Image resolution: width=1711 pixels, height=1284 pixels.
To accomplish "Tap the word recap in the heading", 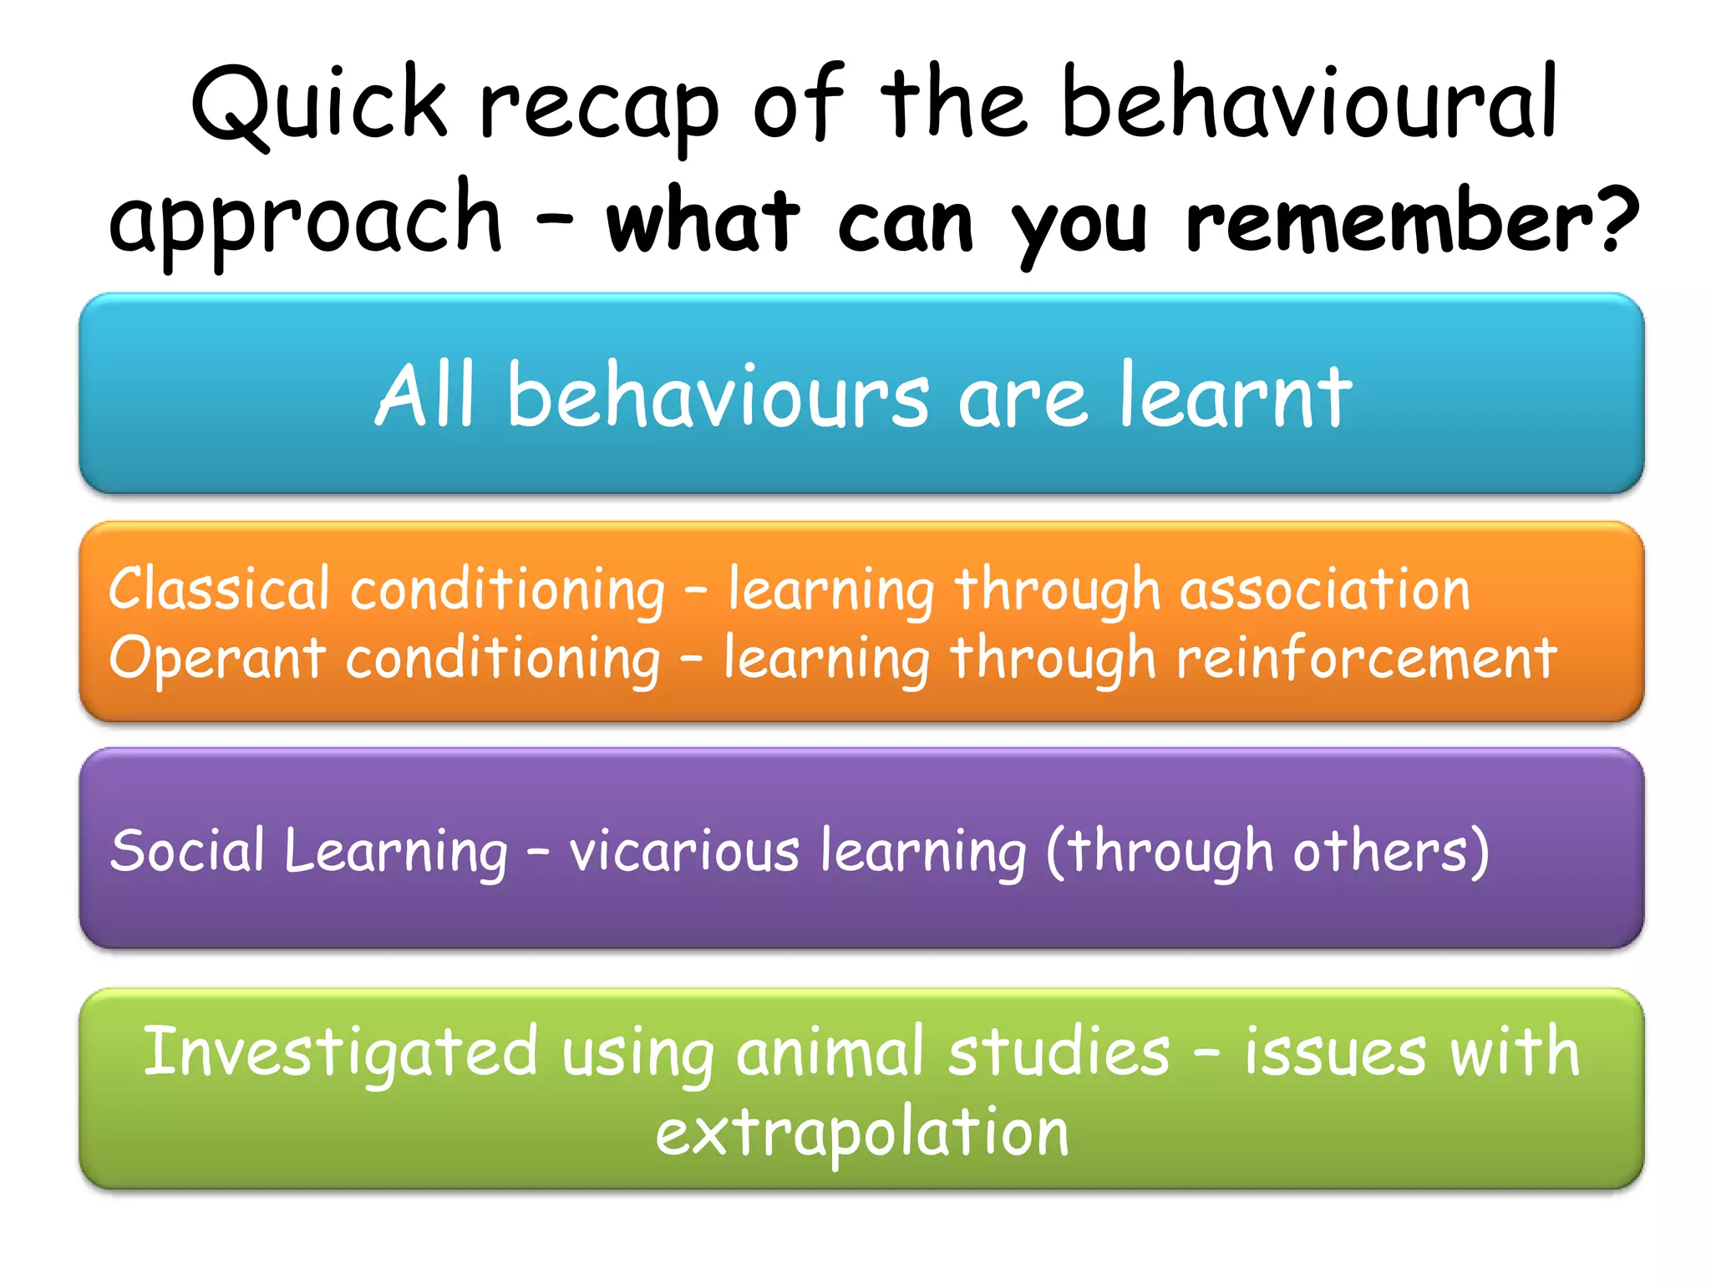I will click(598, 113).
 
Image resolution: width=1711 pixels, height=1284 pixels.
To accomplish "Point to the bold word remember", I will click(1390, 222).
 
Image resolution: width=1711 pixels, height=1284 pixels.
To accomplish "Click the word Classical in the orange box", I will click(219, 589).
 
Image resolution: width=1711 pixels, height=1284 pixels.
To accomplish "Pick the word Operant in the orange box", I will click(216, 659).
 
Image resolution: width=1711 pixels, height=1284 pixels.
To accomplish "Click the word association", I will click(1324, 589).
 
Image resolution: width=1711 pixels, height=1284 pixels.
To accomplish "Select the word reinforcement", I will click(1366, 658).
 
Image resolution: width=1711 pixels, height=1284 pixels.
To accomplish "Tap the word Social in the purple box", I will click(187, 851).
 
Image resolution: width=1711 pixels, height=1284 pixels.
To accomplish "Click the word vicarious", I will click(684, 851).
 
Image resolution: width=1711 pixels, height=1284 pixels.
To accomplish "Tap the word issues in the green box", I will click(1335, 1052).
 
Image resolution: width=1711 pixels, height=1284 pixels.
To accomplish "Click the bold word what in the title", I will click(703, 222).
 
